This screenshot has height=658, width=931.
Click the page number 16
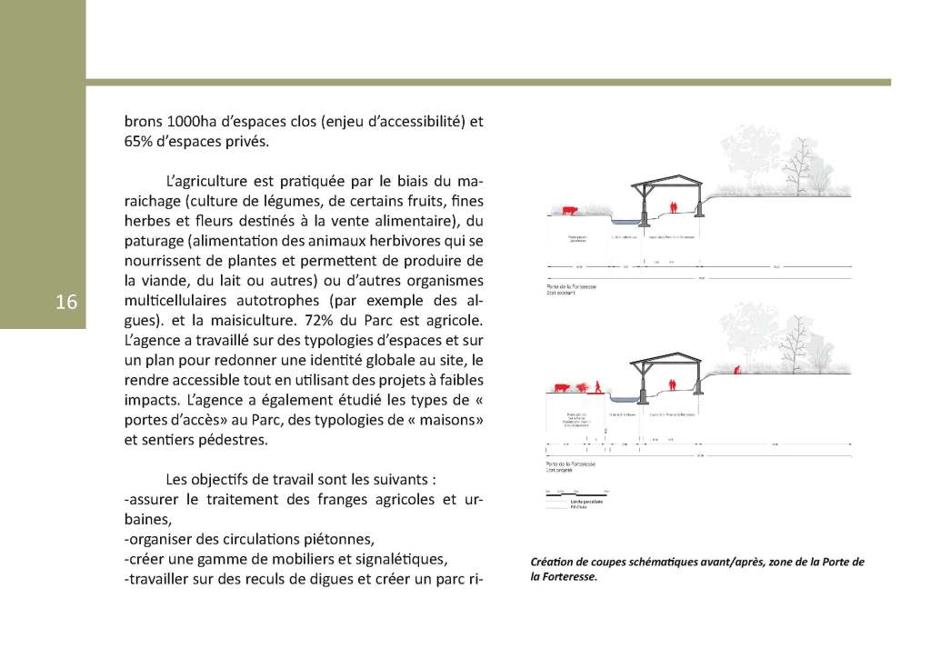tap(66, 303)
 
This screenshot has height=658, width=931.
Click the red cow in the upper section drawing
tap(569, 211)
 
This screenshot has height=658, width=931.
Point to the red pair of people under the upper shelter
tap(674, 207)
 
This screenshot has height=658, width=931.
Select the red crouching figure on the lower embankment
tap(739, 369)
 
